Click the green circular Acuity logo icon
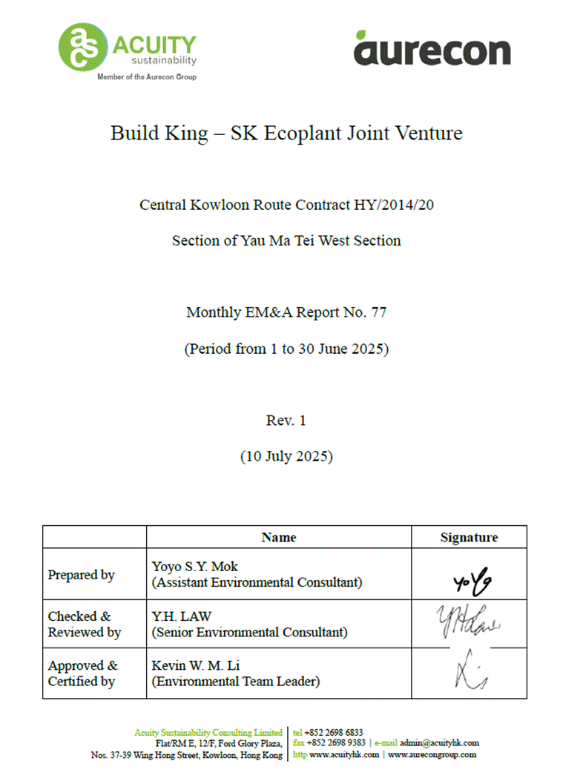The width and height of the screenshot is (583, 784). (x=83, y=46)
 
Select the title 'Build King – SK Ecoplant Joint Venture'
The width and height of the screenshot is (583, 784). (x=286, y=134)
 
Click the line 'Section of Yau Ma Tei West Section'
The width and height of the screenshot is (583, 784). (x=286, y=240)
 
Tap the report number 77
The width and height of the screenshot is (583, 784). (x=378, y=312)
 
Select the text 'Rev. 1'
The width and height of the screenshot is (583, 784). (x=286, y=421)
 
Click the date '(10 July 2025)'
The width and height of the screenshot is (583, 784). (x=286, y=456)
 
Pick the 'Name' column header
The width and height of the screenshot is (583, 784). (x=279, y=537)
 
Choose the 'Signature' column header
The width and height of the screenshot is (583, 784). (x=469, y=537)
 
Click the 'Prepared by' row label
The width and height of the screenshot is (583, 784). (x=82, y=575)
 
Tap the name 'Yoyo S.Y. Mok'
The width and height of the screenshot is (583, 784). (x=195, y=567)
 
